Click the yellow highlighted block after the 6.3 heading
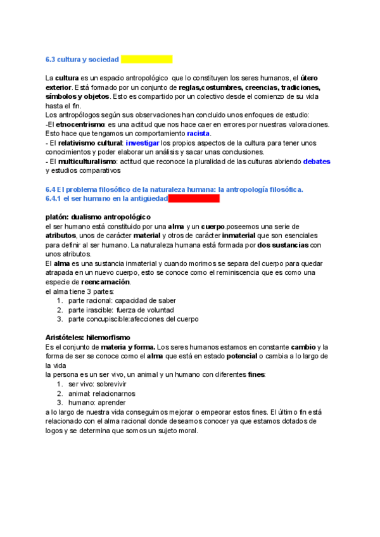[146, 60]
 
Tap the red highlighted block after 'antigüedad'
[194, 198]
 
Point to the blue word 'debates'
[317, 161]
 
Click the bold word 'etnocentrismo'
[75, 125]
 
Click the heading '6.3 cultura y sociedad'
[82, 60]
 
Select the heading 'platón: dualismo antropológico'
[98, 217]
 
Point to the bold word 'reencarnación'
[106, 282]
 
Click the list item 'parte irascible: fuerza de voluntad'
[122, 310]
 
